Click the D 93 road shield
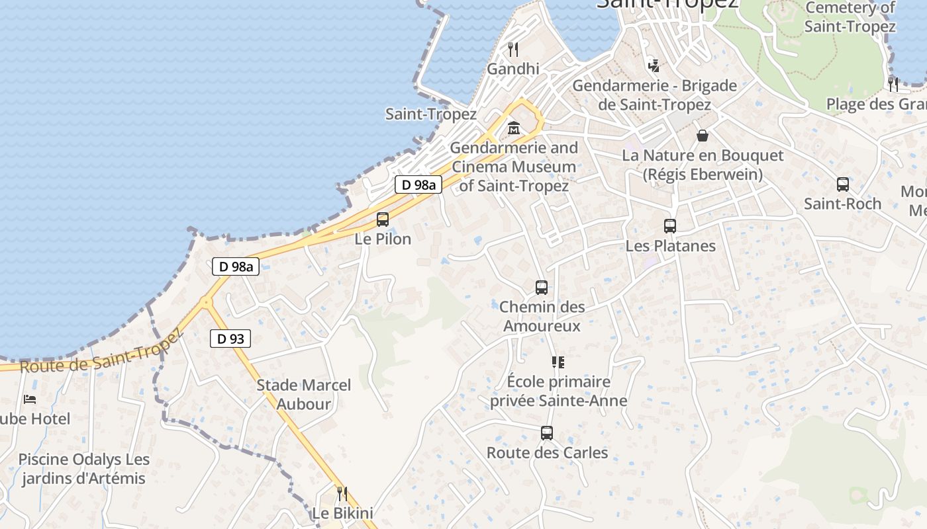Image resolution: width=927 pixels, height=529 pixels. pos(230,339)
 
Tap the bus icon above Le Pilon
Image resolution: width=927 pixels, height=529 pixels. pos(383,220)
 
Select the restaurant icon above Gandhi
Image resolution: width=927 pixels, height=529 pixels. pos(512,49)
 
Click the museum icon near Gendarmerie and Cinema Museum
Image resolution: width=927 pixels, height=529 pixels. pos(513,128)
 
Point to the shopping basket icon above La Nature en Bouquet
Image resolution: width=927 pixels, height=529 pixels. pos(703,136)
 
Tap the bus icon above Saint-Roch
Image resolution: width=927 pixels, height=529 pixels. pos(842,184)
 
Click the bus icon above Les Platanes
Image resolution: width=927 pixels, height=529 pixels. pos(670,226)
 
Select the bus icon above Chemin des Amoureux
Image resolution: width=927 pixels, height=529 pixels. pos(542,288)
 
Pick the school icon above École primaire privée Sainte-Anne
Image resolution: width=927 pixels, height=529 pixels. pos(558,362)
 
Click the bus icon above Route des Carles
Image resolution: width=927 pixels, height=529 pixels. pos(547,433)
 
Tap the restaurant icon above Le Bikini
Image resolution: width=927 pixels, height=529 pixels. pos(342,493)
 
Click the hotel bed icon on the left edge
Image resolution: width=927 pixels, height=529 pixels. pos(30,399)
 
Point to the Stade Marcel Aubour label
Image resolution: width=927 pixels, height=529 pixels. pos(303,394)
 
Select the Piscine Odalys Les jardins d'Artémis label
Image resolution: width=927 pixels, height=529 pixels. pos(84,469)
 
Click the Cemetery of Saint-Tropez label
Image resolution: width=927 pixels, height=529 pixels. pos(850,17)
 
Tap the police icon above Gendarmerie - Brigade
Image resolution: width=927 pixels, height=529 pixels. pos(654,65)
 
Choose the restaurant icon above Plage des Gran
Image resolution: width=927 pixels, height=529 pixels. pos(893,84)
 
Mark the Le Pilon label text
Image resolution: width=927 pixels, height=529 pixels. pos(383,239)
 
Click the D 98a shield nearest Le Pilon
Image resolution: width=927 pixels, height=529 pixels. pos(418,185)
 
